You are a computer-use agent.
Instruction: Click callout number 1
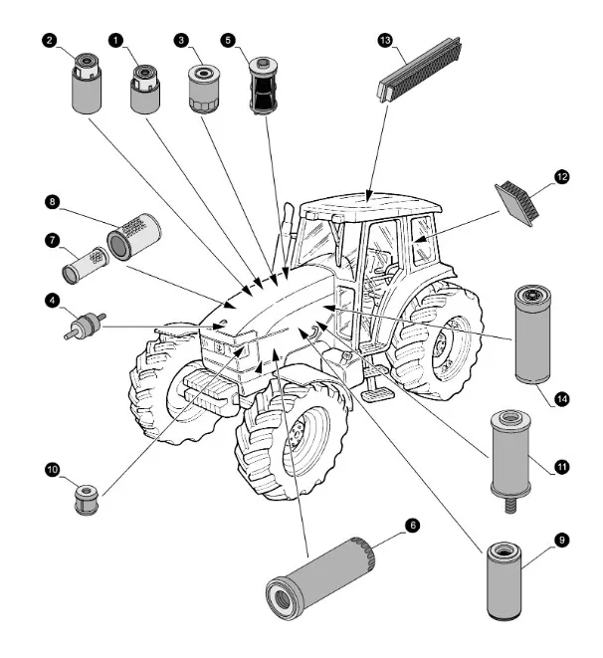click(116, 41)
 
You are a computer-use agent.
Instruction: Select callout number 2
click(49, 41)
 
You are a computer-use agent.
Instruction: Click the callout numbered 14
click(562, 399)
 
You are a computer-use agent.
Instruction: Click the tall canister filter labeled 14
click(534, 334)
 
